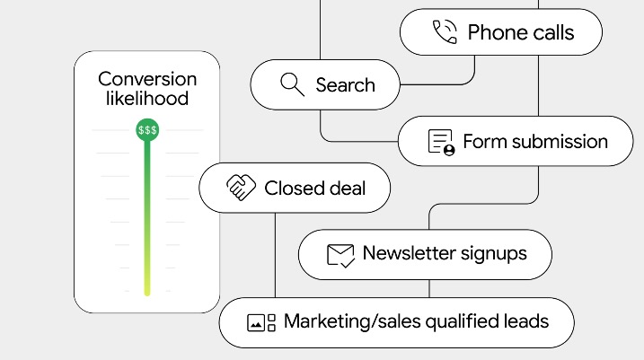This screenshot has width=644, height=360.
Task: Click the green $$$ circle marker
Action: click(x=147, y=129)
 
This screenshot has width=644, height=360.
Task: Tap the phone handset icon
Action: click(x=445, y=31)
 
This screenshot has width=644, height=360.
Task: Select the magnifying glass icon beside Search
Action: click(x=293, y=84)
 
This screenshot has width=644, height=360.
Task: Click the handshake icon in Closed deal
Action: click(x=241, y=188)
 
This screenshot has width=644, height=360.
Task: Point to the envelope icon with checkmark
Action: click(x=340, y=256)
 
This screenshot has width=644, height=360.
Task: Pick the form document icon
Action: click(x=442, y=143)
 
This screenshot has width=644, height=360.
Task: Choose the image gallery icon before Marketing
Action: click(x=261, y=322)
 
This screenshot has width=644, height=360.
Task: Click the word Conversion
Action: click(x=147, y=79)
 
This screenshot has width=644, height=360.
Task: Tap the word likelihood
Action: click(x=147, y=99)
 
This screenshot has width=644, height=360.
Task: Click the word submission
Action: click(x=560, y=142)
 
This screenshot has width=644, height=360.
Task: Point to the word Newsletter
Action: click(x=409, y=253)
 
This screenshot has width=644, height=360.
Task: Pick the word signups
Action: click(x=494, y=254)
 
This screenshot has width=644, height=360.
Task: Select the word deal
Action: click(x=346, y=189)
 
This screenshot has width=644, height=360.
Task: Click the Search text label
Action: click(x=346, y=85)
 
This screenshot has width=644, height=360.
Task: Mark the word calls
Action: click(x=547, y=32)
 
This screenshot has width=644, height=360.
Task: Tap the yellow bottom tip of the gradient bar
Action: click(x=147, y=293)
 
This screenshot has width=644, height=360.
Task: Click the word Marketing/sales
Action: click(x=352, y=321)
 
